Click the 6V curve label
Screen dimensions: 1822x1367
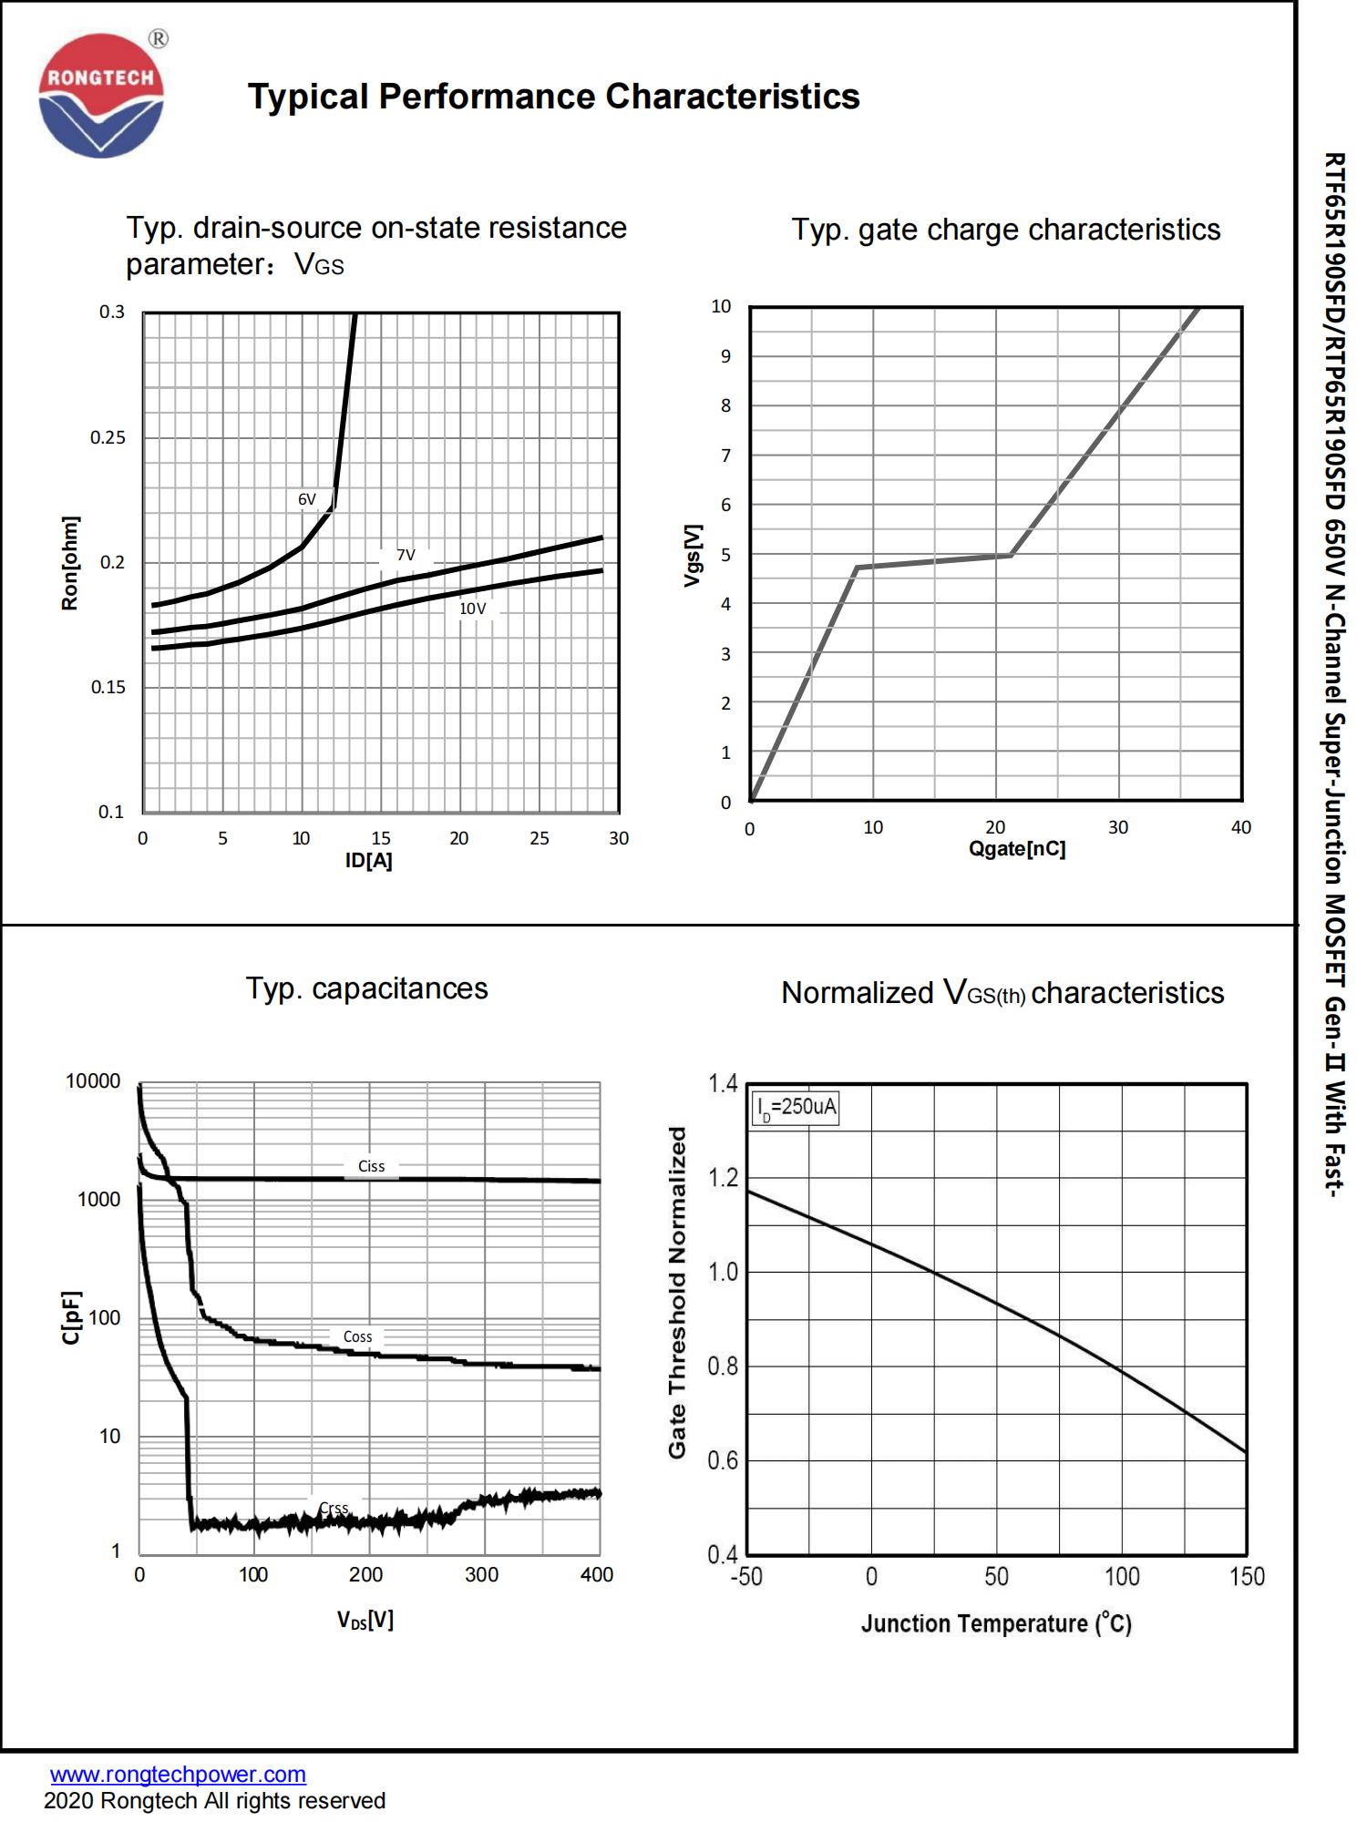[307, 499]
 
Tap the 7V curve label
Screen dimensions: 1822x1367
[406, 555]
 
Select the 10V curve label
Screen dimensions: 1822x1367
[472, 609]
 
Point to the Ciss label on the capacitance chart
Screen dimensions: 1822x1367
[371, 1166]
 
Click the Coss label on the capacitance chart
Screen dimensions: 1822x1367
[357, 1336]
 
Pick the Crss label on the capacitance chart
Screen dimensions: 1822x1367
[334, 1509]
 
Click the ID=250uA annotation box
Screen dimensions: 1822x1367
[796, 1108]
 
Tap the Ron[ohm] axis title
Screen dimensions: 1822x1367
[69, 563]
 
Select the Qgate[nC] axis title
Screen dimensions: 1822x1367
[1016, 849]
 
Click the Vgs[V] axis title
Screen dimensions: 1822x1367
[693, 555]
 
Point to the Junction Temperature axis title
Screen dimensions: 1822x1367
[995, 1623]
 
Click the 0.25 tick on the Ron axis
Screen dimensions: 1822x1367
[108, 437]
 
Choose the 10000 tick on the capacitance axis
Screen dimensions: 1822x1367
[93, 1081]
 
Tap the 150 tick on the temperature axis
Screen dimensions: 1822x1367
[1246, 1577]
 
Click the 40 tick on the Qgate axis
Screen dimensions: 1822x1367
[1240, 827]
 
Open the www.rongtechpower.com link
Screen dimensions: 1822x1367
[178, 1774]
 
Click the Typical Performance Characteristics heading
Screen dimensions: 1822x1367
[553, 97]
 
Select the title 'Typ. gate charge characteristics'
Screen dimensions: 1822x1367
[1005, 230]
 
